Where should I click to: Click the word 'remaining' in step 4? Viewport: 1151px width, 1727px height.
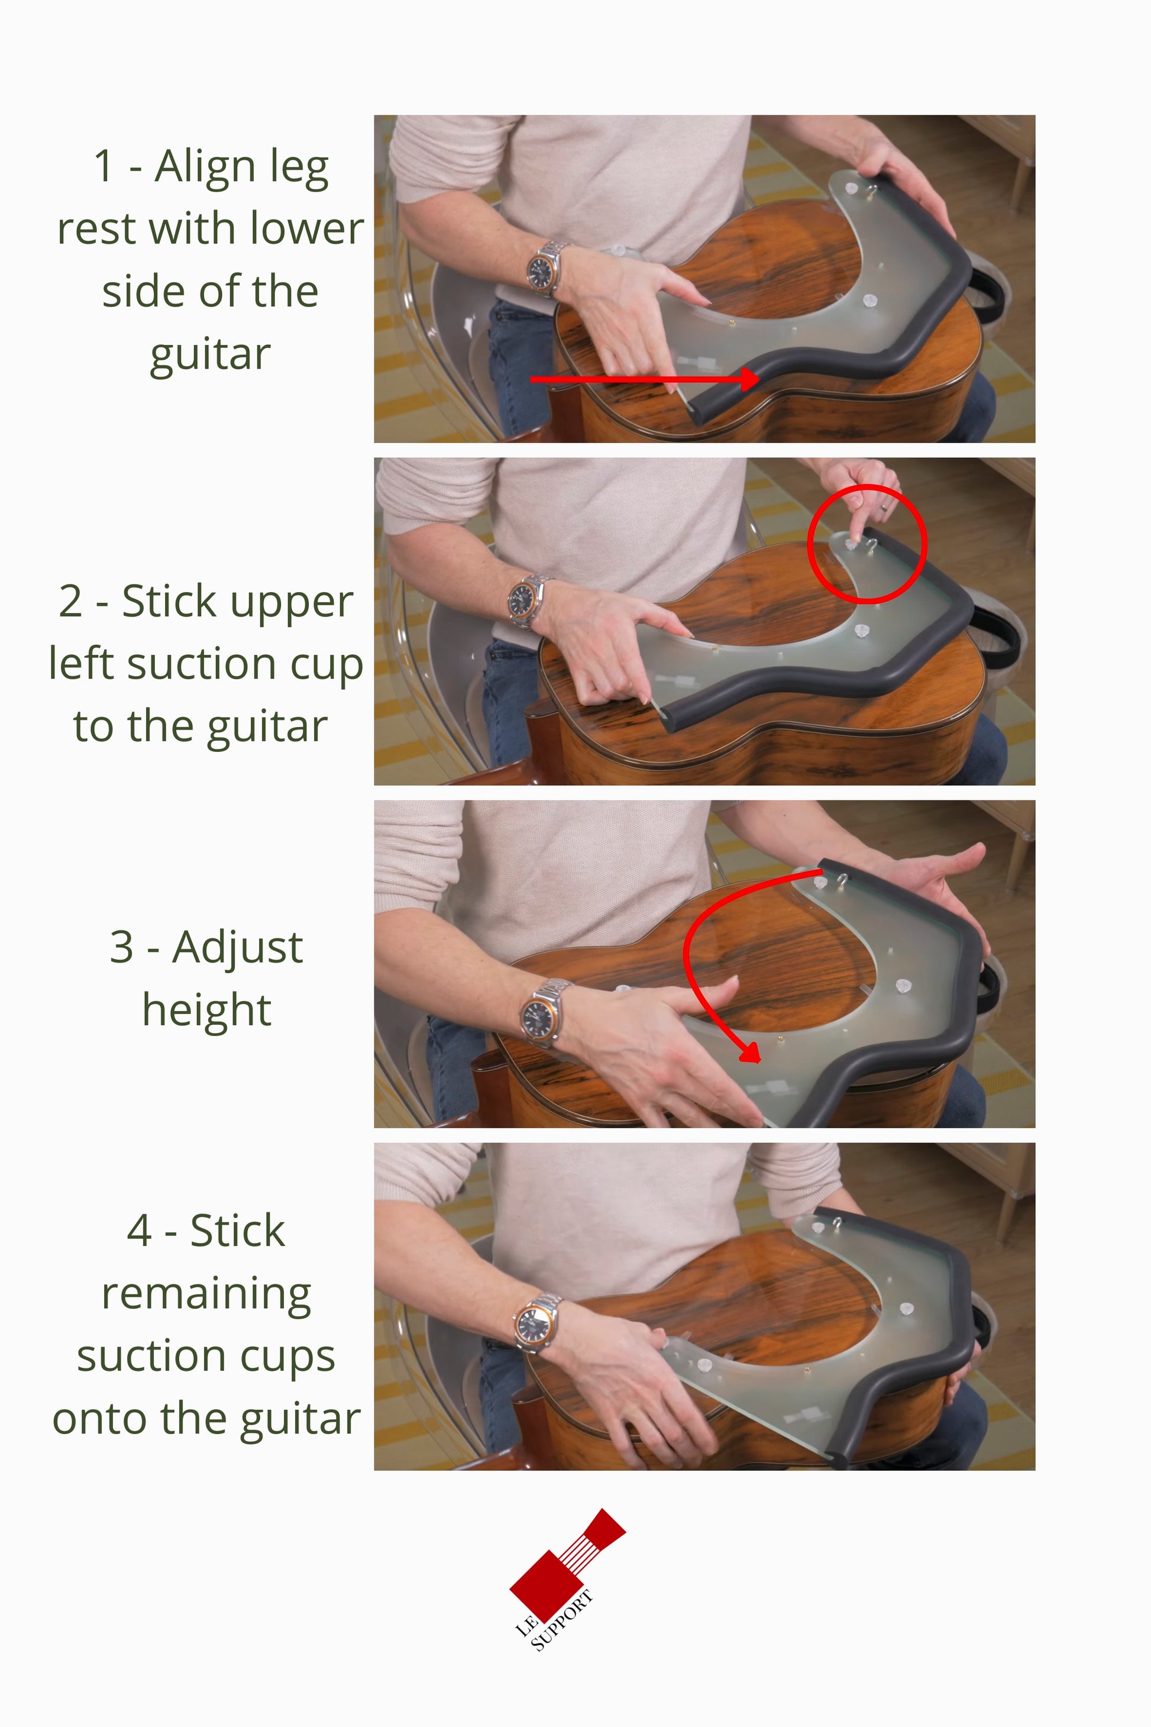[206, 1294]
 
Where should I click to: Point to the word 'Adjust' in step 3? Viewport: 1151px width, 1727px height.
[237, 948]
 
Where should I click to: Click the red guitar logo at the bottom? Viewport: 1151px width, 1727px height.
[567, 1560]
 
